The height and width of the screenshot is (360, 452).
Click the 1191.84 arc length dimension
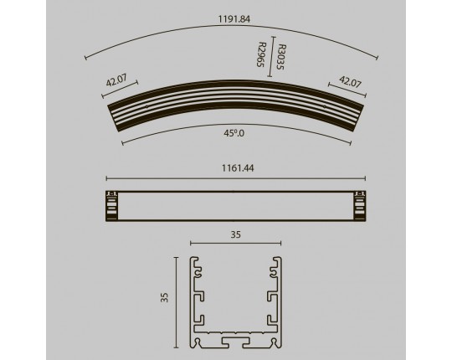click(x=234, y=19)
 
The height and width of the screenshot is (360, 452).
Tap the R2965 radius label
click(x=261, y=54)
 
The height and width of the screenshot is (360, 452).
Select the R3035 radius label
click(x=280, y=57)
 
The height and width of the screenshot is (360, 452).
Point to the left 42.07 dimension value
click(x=116, y=80)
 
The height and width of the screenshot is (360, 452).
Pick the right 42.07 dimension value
click(x=350, y=81)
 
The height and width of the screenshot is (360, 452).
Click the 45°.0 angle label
click(x=234, y=133)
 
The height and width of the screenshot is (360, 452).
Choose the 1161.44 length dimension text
click(x=238, y=168)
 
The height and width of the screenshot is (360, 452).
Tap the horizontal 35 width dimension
click(x=235, y=235)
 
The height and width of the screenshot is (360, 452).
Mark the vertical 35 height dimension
click(x=164, y=297)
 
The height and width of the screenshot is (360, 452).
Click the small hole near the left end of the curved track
click(x=146, y=106)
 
